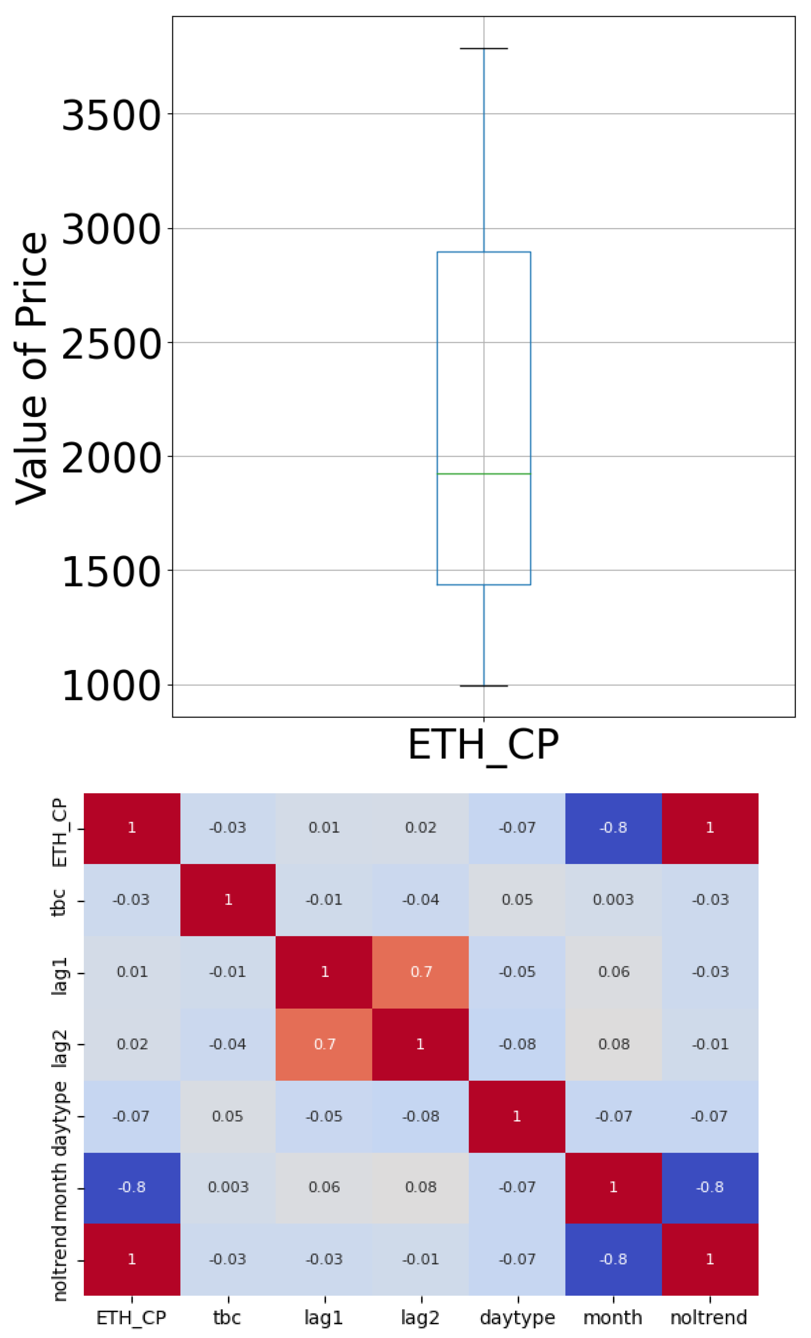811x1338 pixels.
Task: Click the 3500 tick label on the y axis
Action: (x=111, y=115)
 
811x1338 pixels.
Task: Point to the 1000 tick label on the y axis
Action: (x=111, y=686)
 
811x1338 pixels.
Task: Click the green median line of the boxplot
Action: (x=483, y=474)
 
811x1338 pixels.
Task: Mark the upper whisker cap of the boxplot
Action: (x=483, y=49)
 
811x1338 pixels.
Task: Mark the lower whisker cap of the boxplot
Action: (x=483, y=686)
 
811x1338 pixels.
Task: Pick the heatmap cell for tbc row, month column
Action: (x=613, y=900)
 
